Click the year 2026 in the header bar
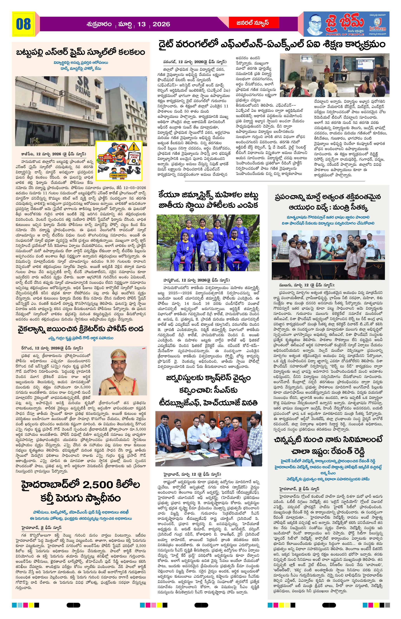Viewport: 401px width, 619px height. pyautogui.click(x=161, y=24)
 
